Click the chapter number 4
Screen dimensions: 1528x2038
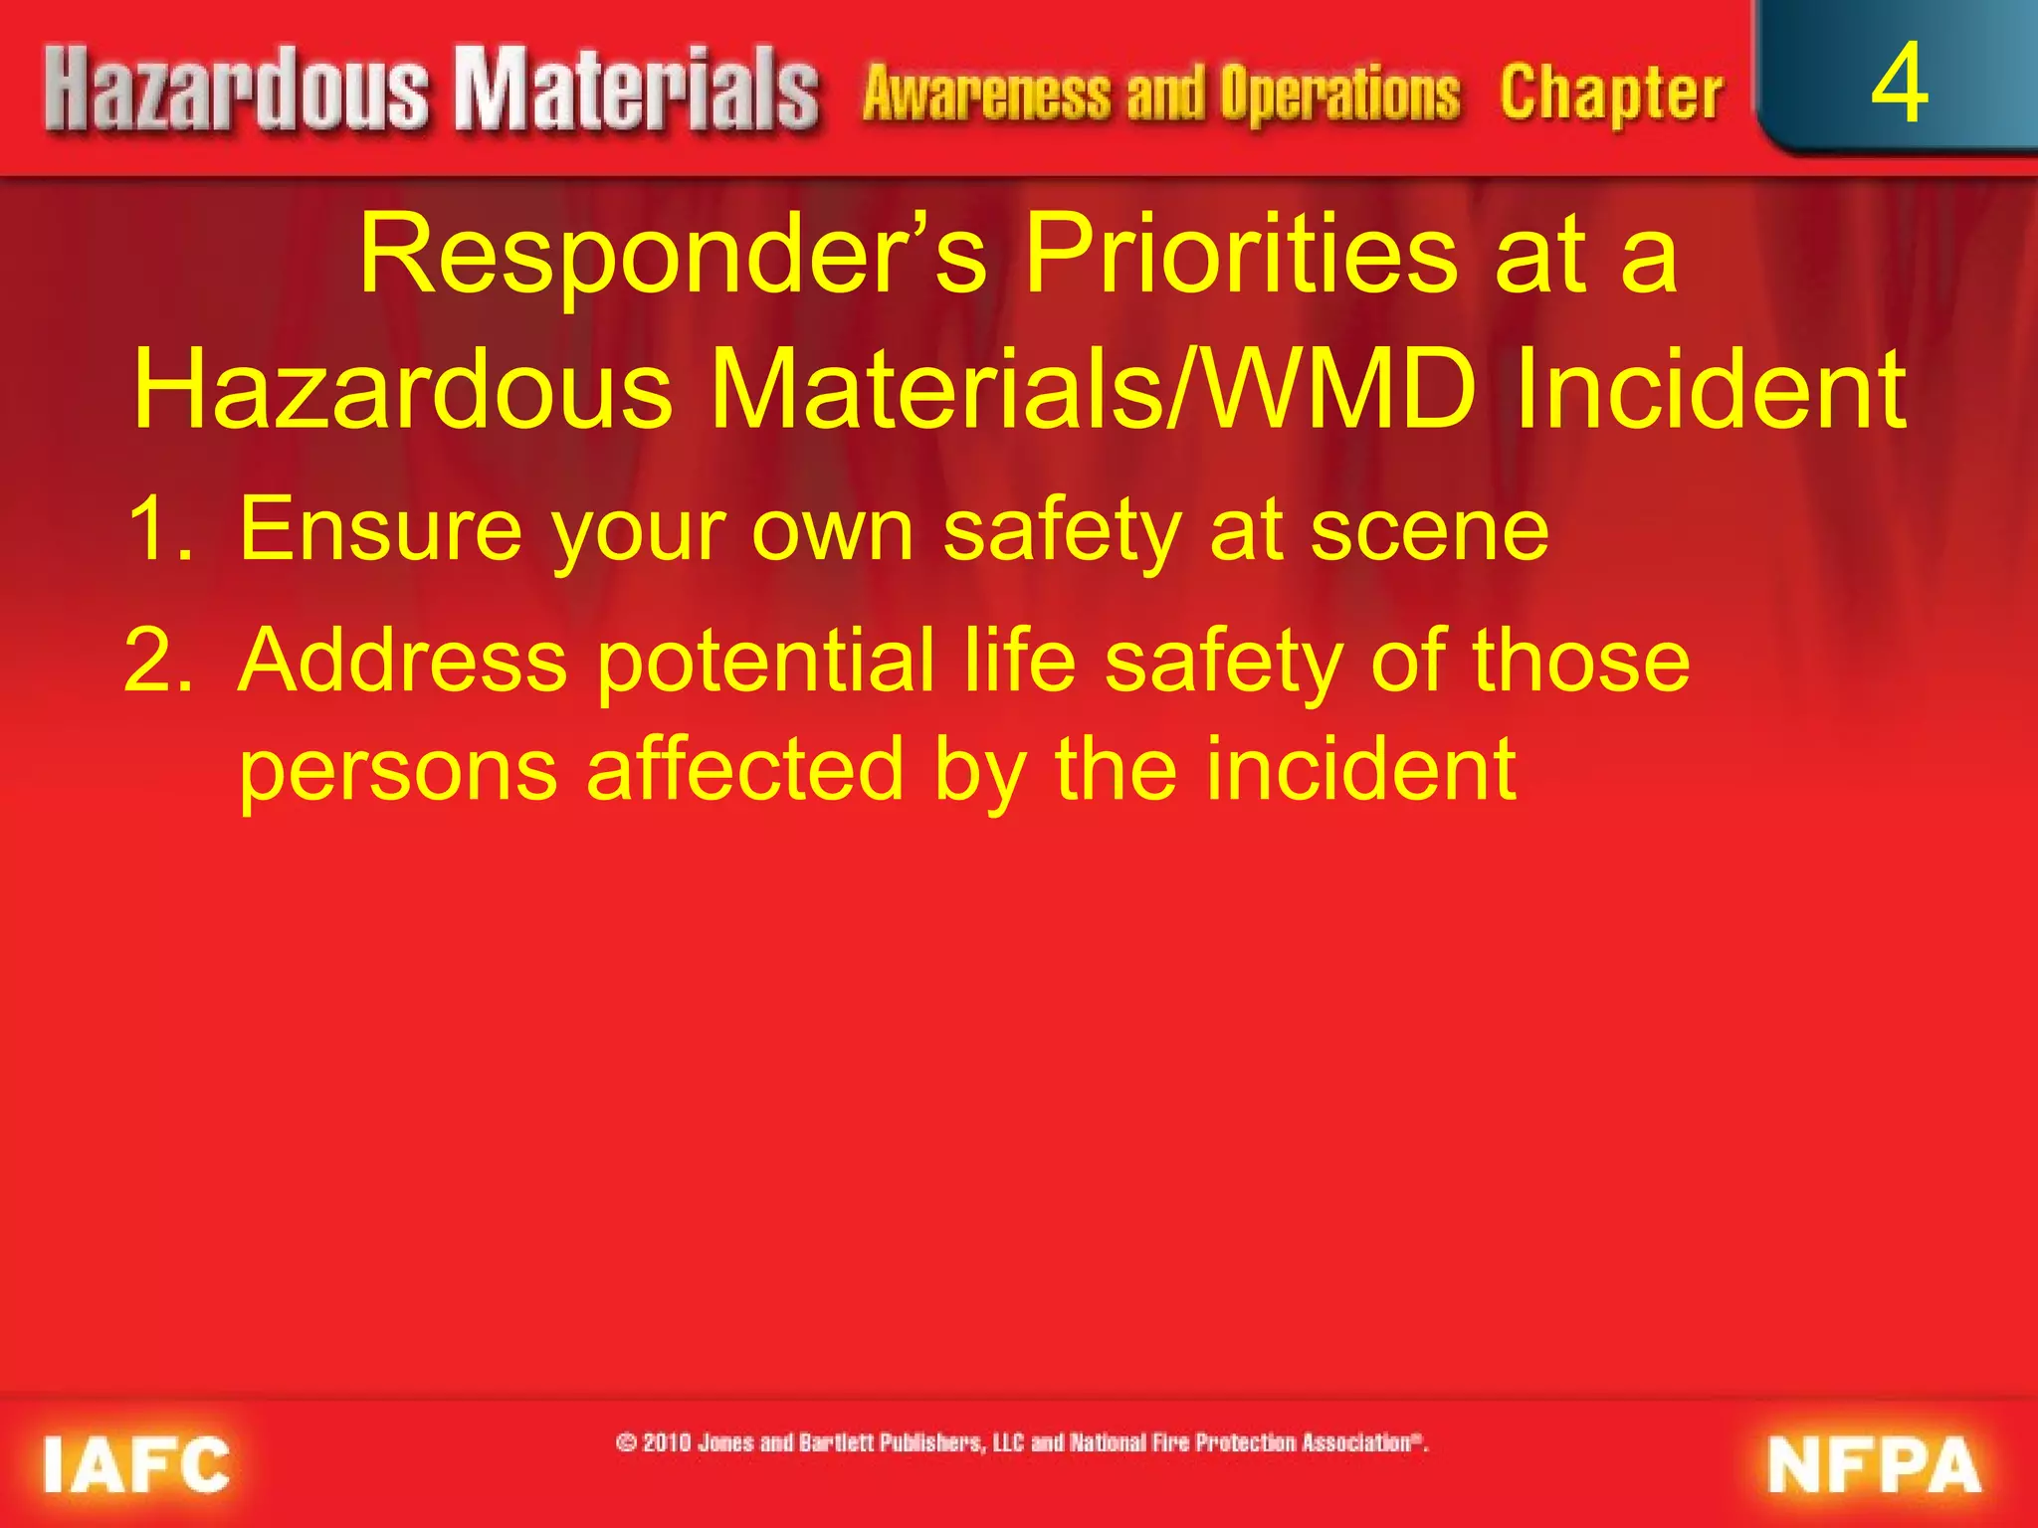pyautogui.click(x=1899, y=86)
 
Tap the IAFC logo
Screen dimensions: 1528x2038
pyautogui.click(x=137, y=1465)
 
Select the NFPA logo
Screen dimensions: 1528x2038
pyautogui.click(x=1875, y=1465)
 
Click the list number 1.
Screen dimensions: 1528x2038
pyautogui.click(x=159, y=530)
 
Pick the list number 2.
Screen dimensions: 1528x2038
pyautogui.click(x=159, y=662)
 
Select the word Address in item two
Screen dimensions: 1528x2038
pyautogui.click(x=403, y=662)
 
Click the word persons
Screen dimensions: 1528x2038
pyautogui.click(x=398, y=772)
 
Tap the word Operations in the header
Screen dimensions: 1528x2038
pyautogui.click(x=1340, y=95)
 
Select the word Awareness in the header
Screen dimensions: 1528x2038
pyautogui.click(x=986, y=95)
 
